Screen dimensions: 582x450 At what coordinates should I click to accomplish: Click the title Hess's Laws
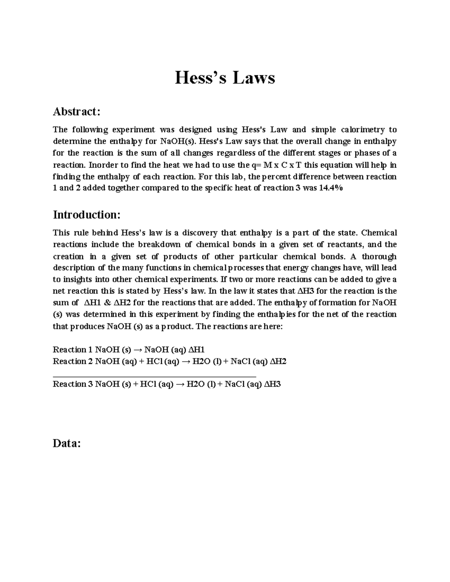pos(225,78)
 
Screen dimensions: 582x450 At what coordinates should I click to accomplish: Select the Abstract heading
pos(76,111)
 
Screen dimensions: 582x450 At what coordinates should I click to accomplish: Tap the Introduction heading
pos(87,215)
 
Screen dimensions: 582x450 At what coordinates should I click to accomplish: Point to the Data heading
pos(67,443)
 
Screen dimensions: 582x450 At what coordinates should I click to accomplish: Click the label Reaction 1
pos(73,350)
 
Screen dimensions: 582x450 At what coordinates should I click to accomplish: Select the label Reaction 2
pos(73,361)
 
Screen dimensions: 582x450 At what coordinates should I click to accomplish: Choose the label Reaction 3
pos(73,384)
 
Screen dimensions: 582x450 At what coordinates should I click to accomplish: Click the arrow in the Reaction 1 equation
pos(138,350)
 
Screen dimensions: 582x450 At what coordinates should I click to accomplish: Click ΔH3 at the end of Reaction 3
pos(273,384)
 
